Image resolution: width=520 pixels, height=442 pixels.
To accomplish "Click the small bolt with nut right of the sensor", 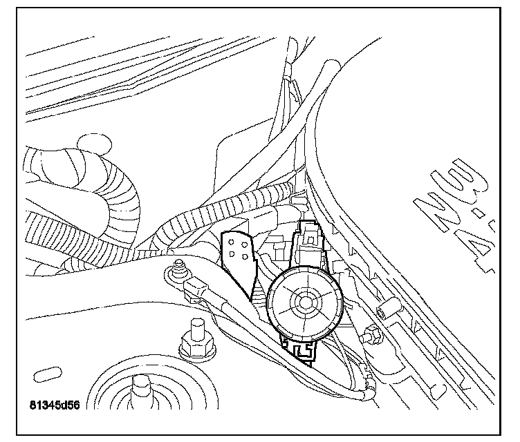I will [373, 334].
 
